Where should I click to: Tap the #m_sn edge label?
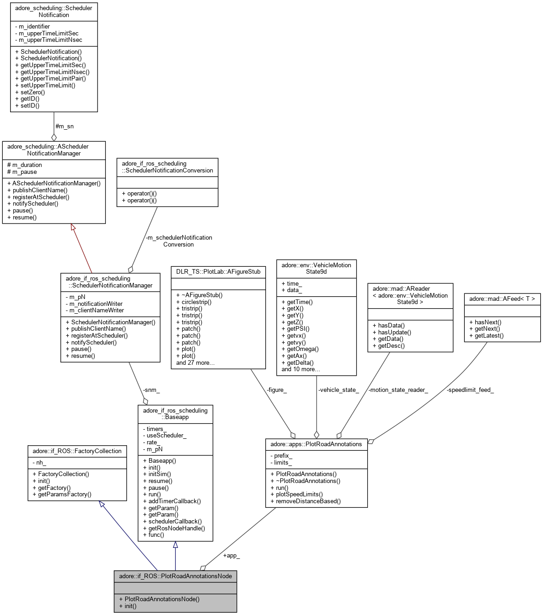tap(64, 126)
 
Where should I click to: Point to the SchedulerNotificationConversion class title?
tap(167, 167)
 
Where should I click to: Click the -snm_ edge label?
tap(151, 390)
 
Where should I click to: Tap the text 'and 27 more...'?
tap(196, 362)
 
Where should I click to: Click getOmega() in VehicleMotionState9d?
tap(300, 349)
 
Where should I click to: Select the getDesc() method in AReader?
tap(388, 345)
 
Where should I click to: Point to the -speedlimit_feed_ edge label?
tap(470, 390)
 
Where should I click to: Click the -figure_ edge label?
tap(277, 390)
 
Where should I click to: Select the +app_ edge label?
tap(231, 555)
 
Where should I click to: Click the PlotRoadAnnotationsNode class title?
tap(175, 576)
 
